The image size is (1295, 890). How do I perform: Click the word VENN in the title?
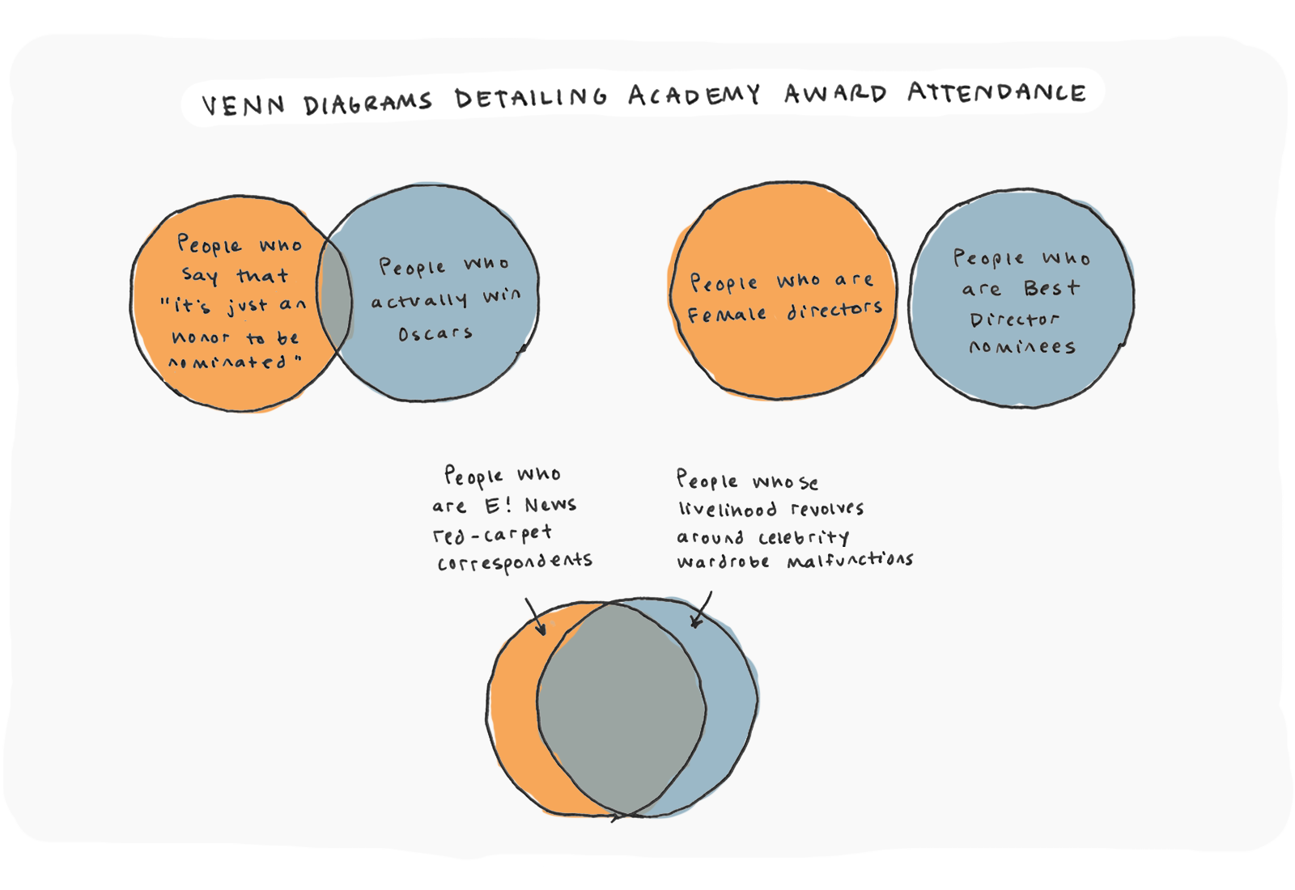point(243,105)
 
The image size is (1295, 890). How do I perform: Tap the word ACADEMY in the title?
point(694,95)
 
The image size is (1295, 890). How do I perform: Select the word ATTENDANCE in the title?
point(996,92)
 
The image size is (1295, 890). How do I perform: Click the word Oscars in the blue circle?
point(435,333)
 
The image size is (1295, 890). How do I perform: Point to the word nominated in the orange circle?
point(228,362)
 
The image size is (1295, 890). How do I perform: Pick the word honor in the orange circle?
point(201,337)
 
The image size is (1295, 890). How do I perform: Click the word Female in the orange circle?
point(727,315)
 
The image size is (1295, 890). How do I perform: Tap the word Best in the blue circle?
point(1051,288)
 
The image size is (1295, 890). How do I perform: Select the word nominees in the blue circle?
point(1022,347)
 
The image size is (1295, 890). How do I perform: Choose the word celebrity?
point(804,537)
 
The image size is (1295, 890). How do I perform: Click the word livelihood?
point(728,509)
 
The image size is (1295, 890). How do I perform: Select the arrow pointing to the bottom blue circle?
point(702,610)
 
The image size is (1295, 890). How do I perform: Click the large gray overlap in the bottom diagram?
point(621,708)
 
